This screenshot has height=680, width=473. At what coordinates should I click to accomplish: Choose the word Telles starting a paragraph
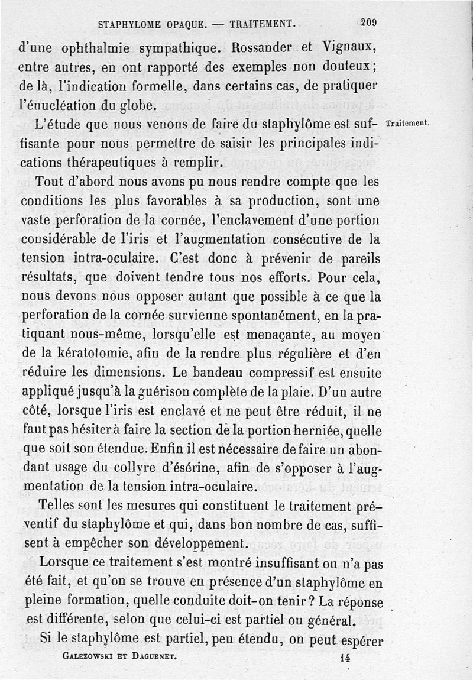[57, 507]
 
